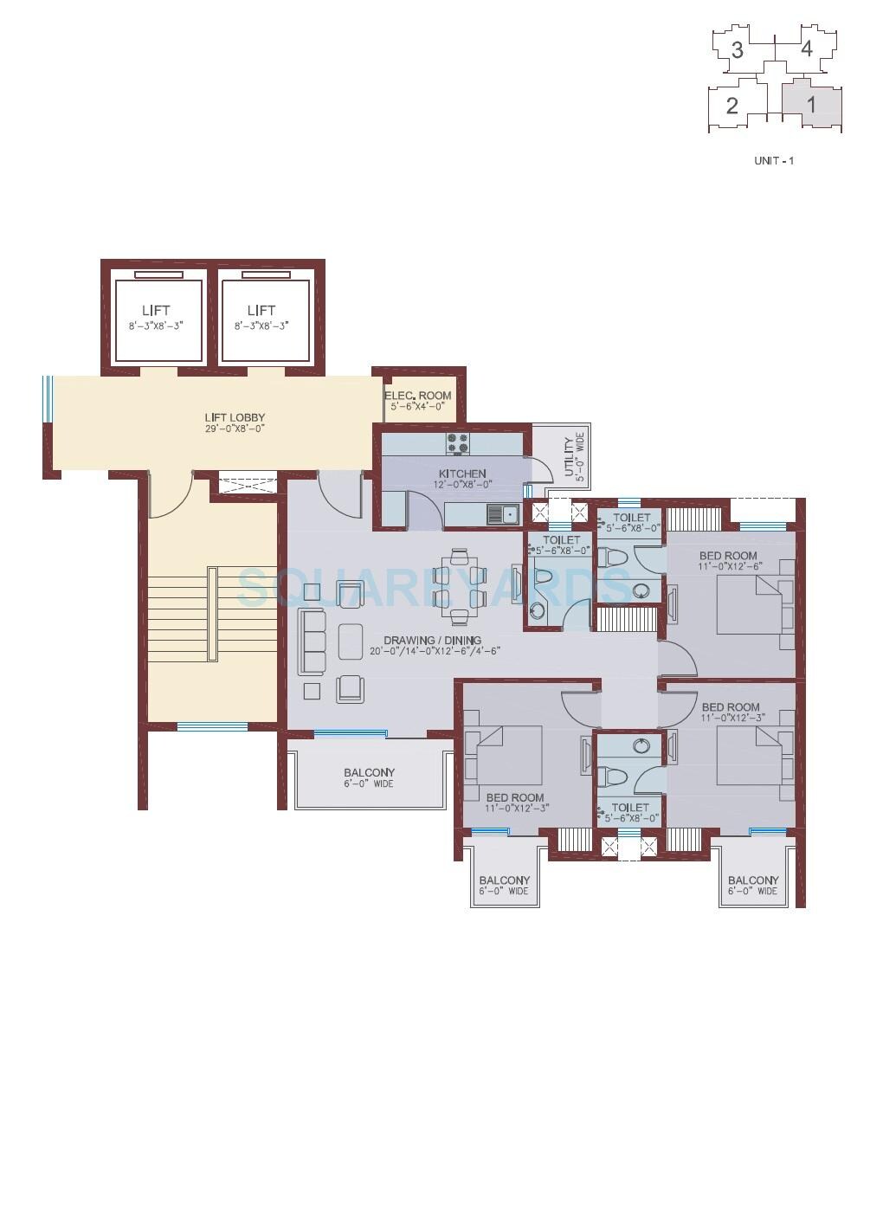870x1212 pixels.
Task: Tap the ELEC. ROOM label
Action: pos(417,396)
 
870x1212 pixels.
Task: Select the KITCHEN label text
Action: pos(462,474)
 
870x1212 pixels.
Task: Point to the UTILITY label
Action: pos(568,457)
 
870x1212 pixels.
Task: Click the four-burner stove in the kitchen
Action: pos(457,443)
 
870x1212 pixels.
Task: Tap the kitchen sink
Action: pos(501,514)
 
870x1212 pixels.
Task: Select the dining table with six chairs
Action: pos(459,586)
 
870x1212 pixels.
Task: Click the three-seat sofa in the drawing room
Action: pos(312,641)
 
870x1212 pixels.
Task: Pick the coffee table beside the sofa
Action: pos(351,641)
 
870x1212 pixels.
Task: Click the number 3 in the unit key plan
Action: pos(737,50)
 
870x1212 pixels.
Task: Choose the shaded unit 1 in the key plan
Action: pos(811,105)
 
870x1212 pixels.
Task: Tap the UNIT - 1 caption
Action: pos(774,161)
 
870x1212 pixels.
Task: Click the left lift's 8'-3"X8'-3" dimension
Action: pos(156,326)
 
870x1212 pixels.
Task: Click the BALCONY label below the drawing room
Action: pos(369,772)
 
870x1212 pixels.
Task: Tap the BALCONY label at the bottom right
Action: pos(752,880)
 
